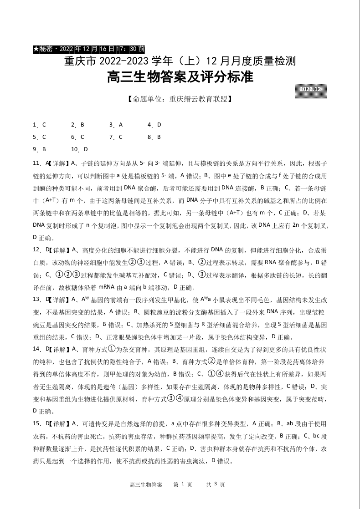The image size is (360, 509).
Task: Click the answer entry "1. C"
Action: (x=40, y=125)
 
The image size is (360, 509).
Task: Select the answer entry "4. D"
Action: (x=154, y=125)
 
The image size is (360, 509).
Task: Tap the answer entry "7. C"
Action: (x=116, y=137)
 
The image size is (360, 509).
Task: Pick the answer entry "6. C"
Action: (x=77, y=137)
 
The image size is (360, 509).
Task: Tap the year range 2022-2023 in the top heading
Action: (x=121, y=61)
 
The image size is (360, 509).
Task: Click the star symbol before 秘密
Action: (x=36, y=48)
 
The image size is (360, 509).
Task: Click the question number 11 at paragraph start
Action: (x=36, y=163)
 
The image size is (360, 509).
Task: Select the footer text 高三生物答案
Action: (x=146, y=485)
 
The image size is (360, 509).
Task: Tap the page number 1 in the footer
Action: (x=182, y=484)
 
